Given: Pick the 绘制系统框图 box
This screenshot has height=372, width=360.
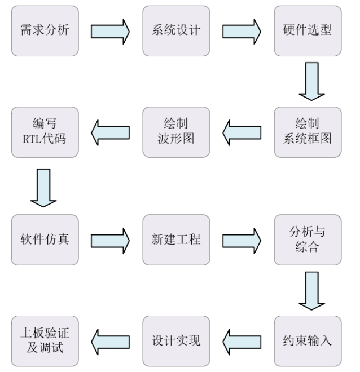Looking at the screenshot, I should coord(308,131).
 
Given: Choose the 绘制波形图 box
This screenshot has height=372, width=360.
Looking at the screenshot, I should coord(176,131).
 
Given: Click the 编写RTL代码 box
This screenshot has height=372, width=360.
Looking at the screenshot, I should coord(45,131).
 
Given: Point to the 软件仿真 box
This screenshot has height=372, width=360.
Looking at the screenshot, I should coord(45,240).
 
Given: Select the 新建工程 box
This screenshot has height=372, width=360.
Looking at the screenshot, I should coord(176,240).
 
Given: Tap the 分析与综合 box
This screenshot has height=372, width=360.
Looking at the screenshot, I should coord(308,240).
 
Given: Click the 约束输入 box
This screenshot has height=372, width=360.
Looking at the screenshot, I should coord(308,341).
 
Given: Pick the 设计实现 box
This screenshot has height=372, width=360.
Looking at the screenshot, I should coord(176,341).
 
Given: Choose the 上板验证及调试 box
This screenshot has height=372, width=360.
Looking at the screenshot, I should coord(45,341).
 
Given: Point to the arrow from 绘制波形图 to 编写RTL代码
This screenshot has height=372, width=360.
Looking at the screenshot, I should coord(111,132).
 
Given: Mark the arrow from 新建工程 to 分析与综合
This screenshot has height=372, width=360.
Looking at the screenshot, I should coord(242,240).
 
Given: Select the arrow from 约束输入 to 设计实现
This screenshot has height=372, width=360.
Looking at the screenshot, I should coord(242,341).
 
